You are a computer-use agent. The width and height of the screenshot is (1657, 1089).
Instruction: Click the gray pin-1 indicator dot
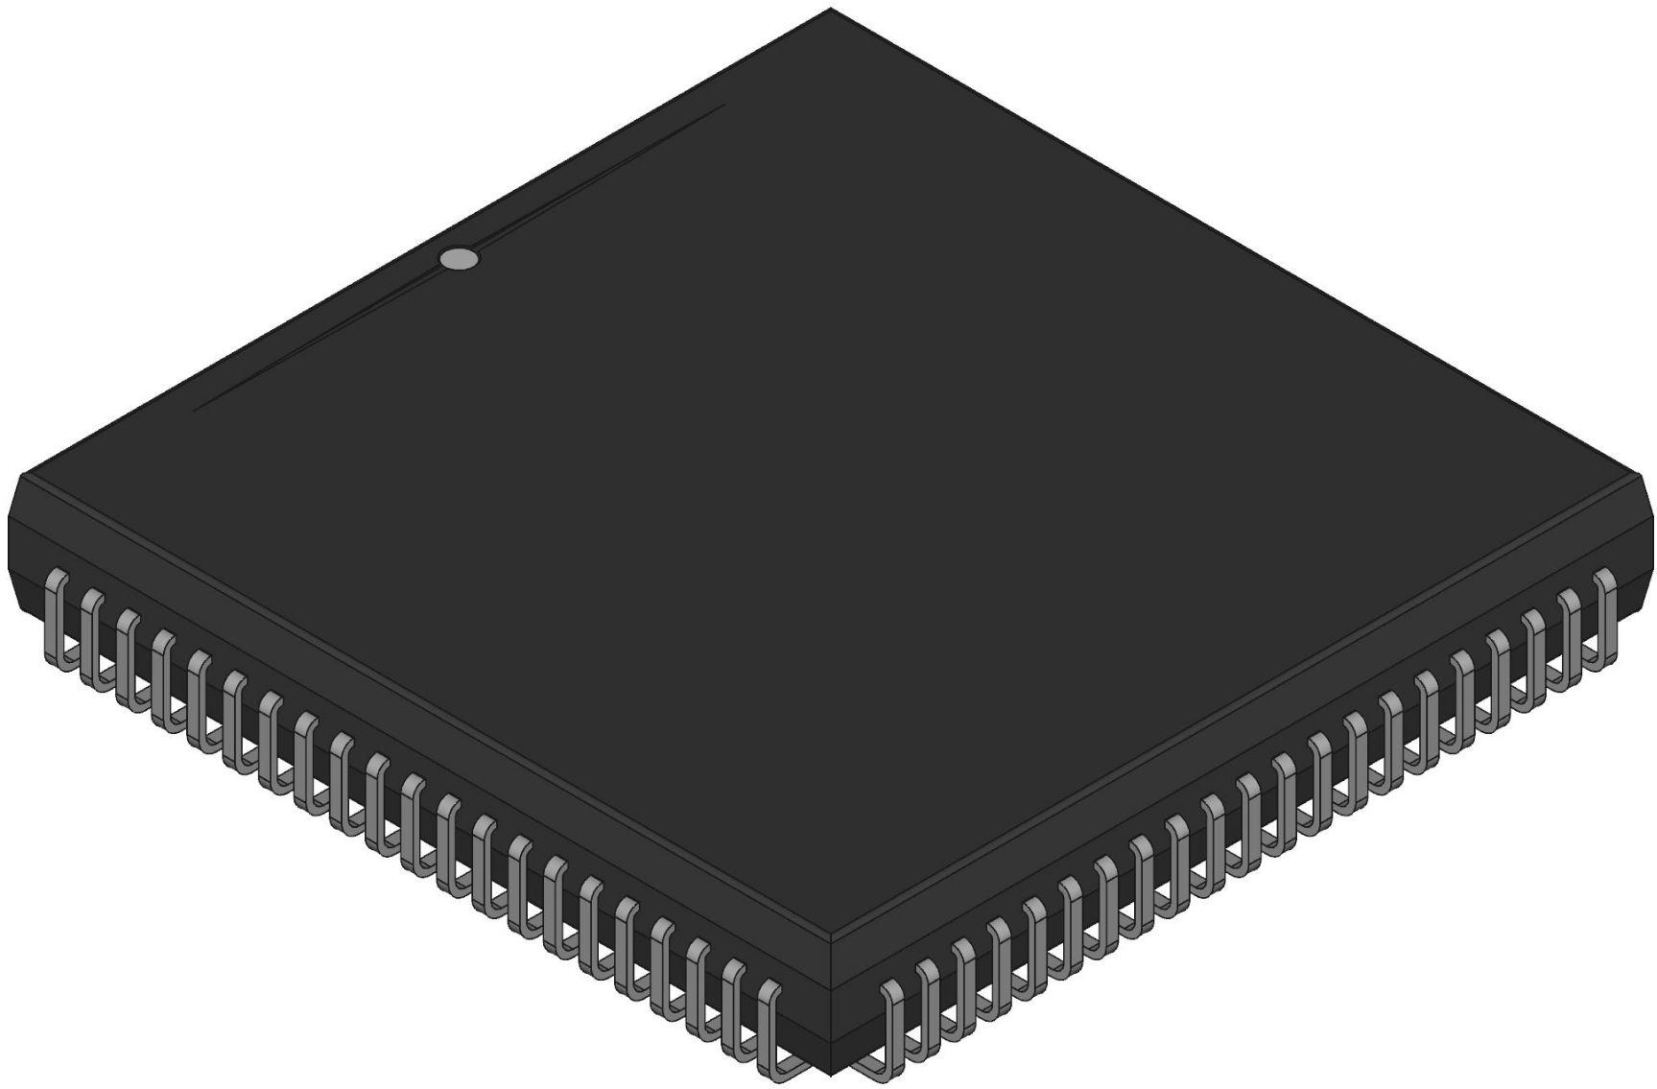click(459, 258)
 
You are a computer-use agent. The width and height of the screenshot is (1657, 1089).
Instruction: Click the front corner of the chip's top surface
click(831, 938)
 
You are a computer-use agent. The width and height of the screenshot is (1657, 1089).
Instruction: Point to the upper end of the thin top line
click(722, 106)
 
